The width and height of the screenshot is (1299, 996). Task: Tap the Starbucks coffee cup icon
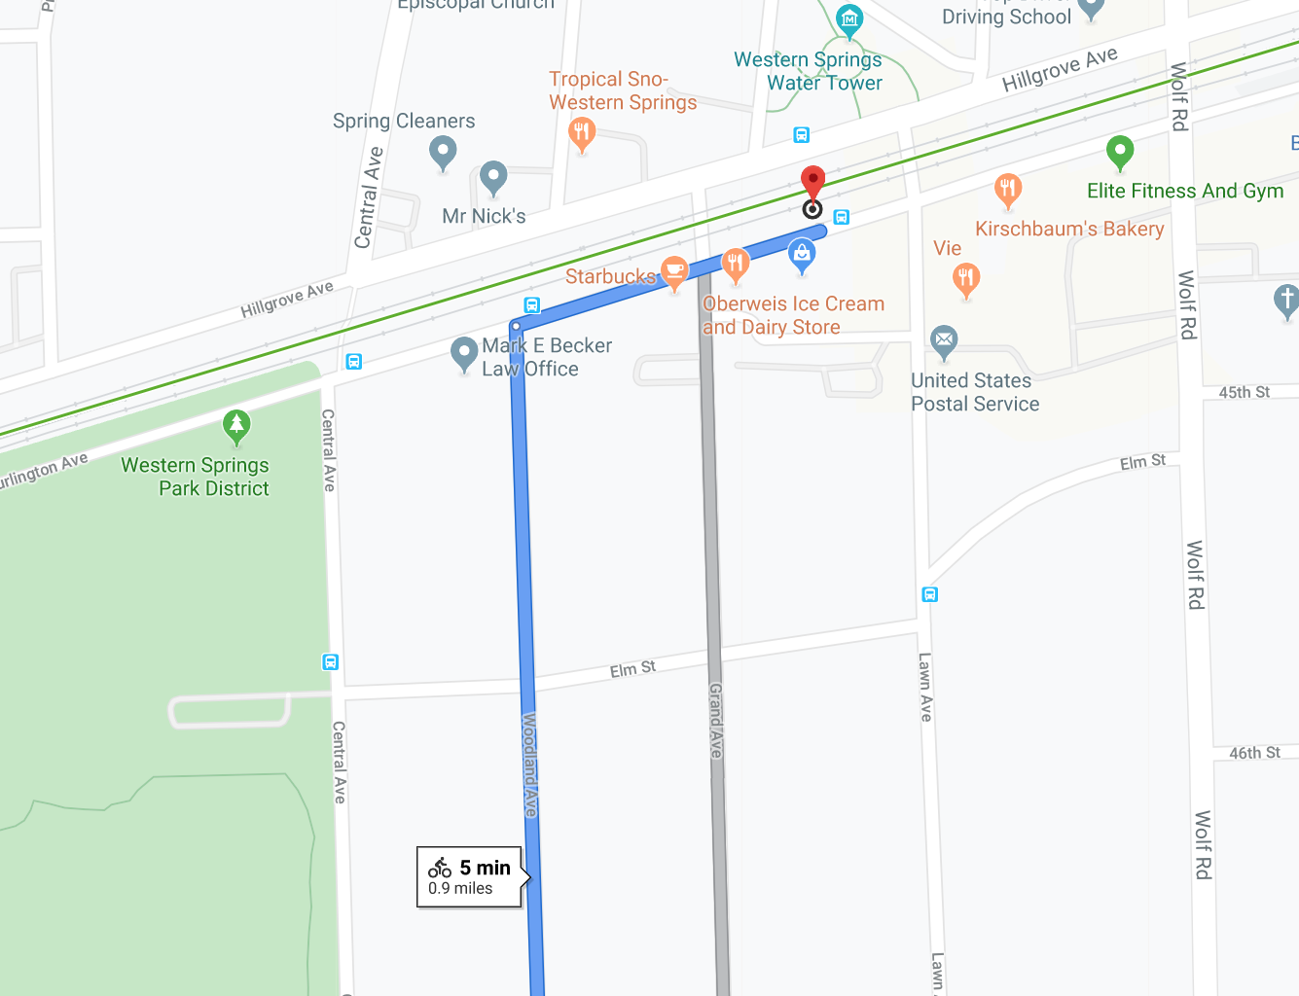[674, 269]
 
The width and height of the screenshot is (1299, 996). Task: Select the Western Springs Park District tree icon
[236, 424]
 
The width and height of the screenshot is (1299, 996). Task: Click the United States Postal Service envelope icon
[944, 340]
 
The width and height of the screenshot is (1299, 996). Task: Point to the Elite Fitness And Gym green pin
[1120, 152]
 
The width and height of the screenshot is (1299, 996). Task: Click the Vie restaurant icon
[966, 278]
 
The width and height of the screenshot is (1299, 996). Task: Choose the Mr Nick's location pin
[493, 177]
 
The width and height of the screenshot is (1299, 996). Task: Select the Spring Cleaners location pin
[443, 151]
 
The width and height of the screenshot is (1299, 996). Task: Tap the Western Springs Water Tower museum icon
[849, 18]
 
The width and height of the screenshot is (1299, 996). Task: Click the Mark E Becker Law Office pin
[464, 353]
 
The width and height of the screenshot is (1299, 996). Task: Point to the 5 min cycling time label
[485, 867]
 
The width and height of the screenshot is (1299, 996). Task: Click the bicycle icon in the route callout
[440, 868]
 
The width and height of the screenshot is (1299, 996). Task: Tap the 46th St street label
[1254, 753]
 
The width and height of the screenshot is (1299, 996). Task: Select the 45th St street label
[1245, 392]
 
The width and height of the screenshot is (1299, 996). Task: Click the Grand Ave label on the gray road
[716, 720]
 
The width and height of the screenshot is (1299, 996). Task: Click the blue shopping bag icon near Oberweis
[802, 255]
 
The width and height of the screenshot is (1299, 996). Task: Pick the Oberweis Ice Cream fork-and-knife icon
[735, 263]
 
